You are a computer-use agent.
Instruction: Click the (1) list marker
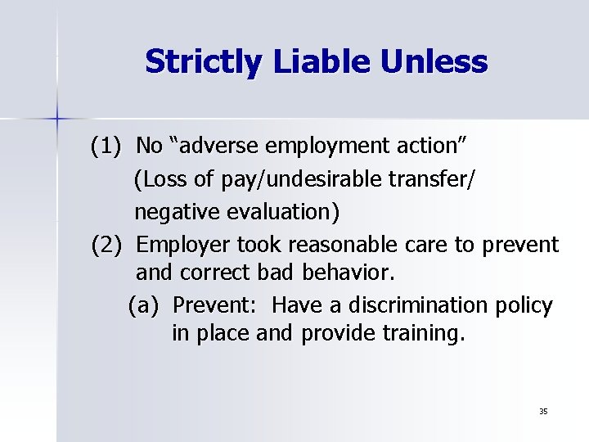[x=106, y=147]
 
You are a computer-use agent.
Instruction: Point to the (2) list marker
[x=106, y=243]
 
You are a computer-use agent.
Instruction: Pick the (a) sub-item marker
[x=143, y=305]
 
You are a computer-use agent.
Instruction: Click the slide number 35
[x=543, y=410]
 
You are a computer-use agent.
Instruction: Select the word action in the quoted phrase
[x=434, y=147]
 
